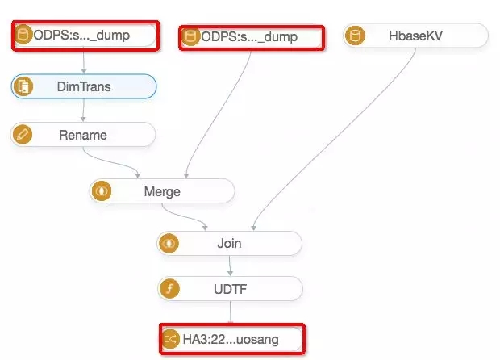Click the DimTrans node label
[84, 86]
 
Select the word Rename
[83, 135]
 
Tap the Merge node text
[162, 191]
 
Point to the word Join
[229, 243]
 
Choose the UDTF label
[230, 289]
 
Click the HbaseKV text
[415, 36]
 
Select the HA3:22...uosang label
[231, 339]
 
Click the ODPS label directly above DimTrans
[81, 35]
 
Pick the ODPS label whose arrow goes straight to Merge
[249, 36]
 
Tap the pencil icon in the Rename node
[22, 134]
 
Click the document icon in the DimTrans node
[23, 86]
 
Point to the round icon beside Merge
[102, 191]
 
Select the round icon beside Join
[169, 244]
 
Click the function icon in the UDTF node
[169, 289]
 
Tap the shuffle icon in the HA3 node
[170, 339]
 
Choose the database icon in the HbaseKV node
[355, 35]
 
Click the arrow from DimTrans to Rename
[84, 110]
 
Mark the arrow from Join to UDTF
[230, 266]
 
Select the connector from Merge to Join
[185, 216]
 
